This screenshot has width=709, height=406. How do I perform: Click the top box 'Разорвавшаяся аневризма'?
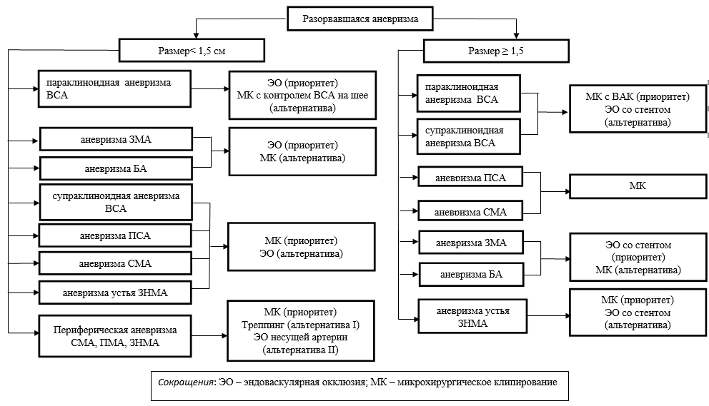click(360, 19)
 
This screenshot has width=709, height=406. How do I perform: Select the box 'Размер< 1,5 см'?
click(191, 51)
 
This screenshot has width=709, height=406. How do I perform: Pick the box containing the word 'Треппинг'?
click(301, 331)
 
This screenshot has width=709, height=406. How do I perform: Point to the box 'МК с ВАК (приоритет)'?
click(638, 109)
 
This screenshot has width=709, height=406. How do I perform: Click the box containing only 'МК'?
click(637, 186)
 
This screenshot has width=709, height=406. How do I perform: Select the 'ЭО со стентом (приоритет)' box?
click(638, 258)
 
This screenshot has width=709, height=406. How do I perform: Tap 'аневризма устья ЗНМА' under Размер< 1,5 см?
click(115, 292)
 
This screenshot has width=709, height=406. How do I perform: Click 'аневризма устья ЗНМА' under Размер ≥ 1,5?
click(473, 317)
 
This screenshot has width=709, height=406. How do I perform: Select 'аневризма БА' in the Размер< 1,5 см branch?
click(116, 168)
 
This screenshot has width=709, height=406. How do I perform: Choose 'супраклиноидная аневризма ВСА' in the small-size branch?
click(115, 202)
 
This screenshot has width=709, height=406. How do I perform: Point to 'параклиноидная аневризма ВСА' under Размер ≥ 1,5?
click(468, 93)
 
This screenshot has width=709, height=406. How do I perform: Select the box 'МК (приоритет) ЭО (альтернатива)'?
click(301, 246)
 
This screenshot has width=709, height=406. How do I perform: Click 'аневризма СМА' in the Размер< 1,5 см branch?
click(115, 263)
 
